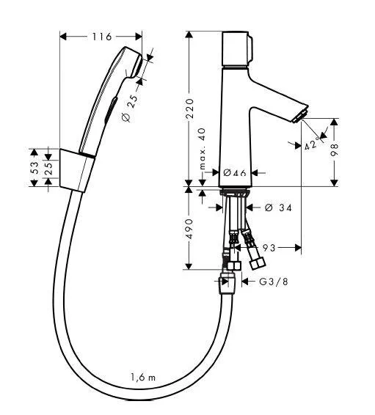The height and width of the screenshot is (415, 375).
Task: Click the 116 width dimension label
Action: tap(102, 37)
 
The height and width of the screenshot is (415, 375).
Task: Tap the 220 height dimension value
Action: tap(189, 108)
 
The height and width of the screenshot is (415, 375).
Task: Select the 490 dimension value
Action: tap(189, 229)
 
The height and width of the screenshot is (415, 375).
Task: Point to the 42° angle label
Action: tap(311, 144)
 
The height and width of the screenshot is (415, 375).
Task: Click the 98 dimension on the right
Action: tap(335, 150)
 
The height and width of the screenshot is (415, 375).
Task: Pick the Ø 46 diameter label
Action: tap(235, 173)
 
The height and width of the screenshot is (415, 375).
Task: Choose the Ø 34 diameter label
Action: tap(278, 207)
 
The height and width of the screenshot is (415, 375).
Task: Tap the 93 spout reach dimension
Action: tap(269, 248)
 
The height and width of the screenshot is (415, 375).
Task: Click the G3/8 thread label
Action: tap(273, 282)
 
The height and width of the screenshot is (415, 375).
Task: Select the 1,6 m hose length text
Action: tap(143, 377)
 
